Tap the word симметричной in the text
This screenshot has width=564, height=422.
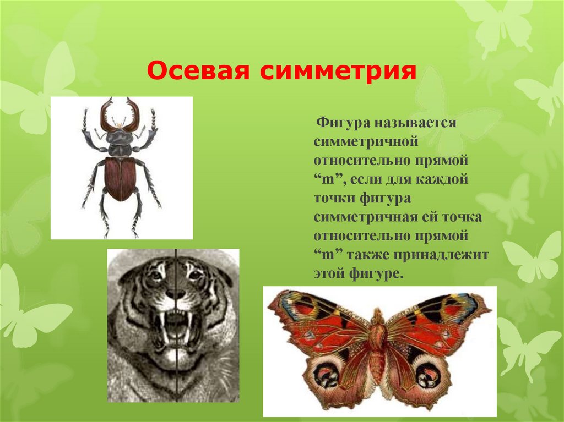point(367,141)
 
